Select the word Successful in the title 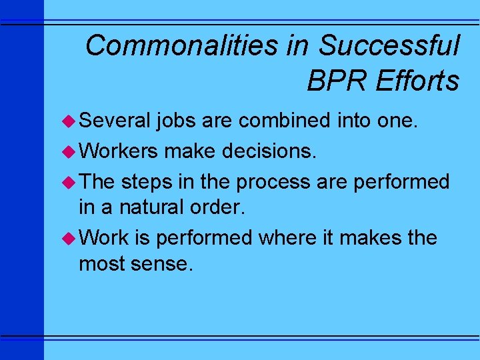pos(389,46)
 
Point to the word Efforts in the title pos(417,81)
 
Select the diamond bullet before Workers pos(70,151)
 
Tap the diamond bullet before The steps pos(70,181)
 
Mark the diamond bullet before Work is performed pos(70,238)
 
